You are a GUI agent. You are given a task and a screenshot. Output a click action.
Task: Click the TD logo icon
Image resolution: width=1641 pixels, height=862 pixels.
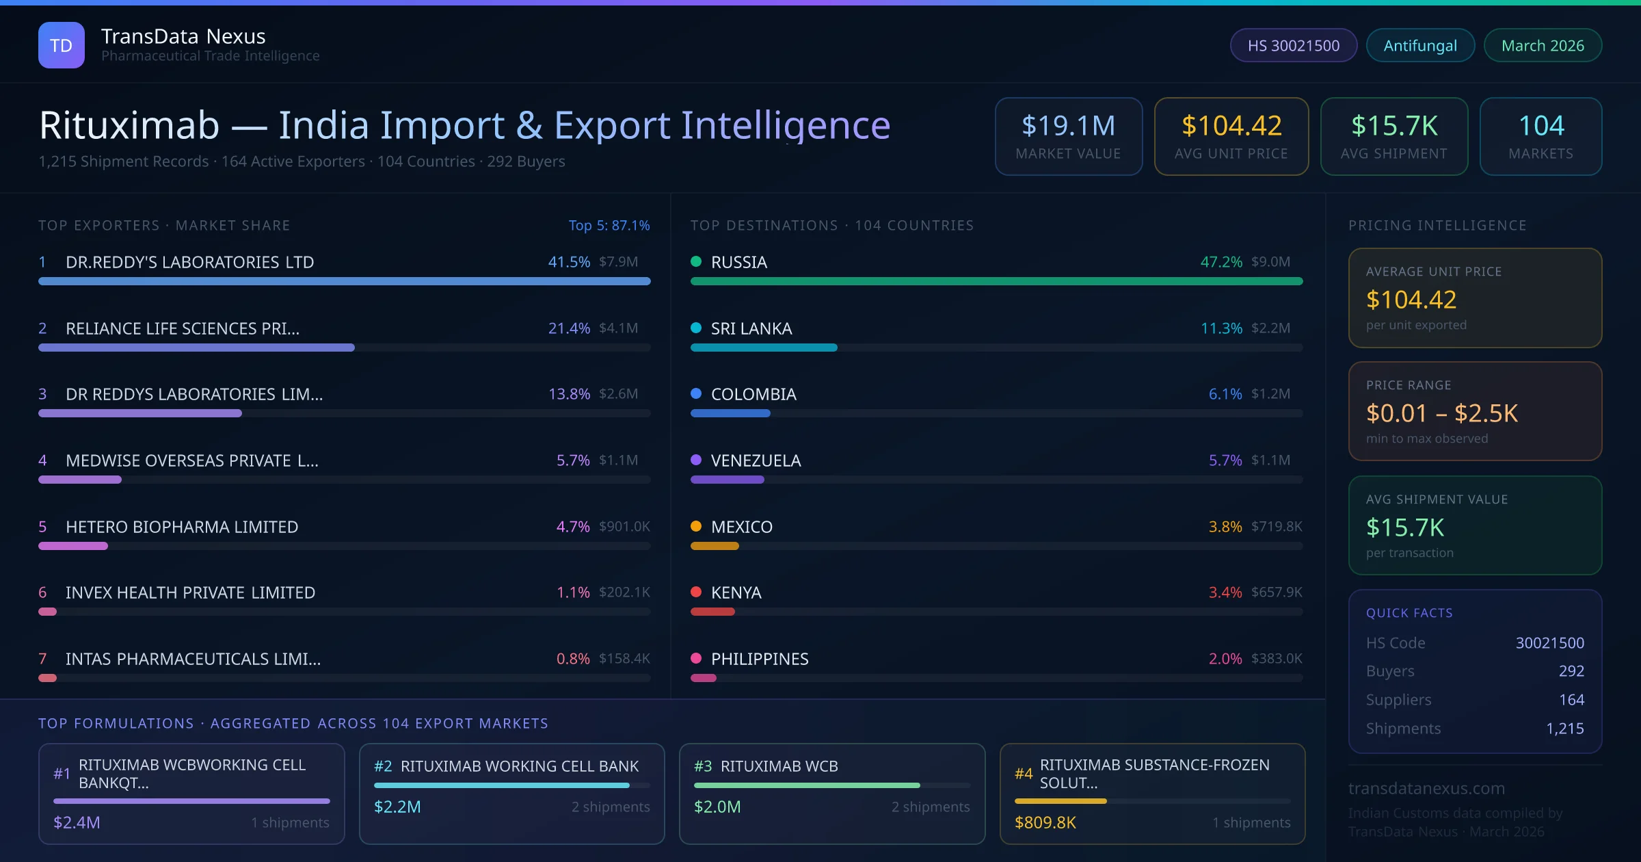point(62,45)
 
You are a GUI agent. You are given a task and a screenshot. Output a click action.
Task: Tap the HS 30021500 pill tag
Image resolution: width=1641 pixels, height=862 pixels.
point(1293,45)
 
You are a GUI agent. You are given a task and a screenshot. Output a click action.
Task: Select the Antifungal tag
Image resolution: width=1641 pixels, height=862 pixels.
point(1419,45)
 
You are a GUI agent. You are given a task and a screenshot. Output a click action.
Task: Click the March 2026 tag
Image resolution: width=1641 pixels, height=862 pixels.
point(1542,45)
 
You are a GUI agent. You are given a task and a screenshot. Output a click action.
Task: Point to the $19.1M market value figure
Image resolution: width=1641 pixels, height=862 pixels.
point(1068,126)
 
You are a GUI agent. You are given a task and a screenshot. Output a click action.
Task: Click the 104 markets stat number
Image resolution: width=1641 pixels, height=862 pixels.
point(1540,126)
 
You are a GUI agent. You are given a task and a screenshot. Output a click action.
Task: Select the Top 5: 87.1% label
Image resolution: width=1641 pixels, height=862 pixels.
point(609,225)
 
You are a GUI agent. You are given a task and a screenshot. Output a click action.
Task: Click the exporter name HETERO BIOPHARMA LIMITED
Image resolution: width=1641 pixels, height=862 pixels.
point(182,527)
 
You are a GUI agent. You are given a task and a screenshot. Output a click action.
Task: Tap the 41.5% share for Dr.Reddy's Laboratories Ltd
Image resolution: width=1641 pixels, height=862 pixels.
point(568,262)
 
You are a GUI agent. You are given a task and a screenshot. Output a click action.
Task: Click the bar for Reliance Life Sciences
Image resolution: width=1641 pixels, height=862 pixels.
point(197,348)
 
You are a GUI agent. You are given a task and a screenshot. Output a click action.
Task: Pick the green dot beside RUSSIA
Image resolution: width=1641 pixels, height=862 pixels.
point(696,261)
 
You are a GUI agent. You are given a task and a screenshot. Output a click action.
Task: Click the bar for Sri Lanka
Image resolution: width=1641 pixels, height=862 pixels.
point(764,348)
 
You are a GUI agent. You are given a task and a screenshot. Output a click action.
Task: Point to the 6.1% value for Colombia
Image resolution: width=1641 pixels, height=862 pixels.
point(1225,394)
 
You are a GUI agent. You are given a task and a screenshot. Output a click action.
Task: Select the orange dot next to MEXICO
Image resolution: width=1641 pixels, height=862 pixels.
point(696,526)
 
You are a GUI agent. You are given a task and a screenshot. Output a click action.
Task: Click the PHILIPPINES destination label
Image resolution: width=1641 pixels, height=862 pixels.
point(760,659)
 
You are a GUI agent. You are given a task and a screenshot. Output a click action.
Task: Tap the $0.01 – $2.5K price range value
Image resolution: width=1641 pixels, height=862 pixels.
point(1441,413)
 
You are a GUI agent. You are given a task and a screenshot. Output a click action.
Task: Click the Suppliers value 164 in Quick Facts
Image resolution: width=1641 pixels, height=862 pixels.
point(1571,700)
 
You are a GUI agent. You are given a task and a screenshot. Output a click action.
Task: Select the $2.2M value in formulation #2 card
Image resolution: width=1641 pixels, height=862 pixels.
point(397,807)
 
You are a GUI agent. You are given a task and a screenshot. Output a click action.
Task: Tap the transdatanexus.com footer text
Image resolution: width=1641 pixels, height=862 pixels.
point(1426,788)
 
